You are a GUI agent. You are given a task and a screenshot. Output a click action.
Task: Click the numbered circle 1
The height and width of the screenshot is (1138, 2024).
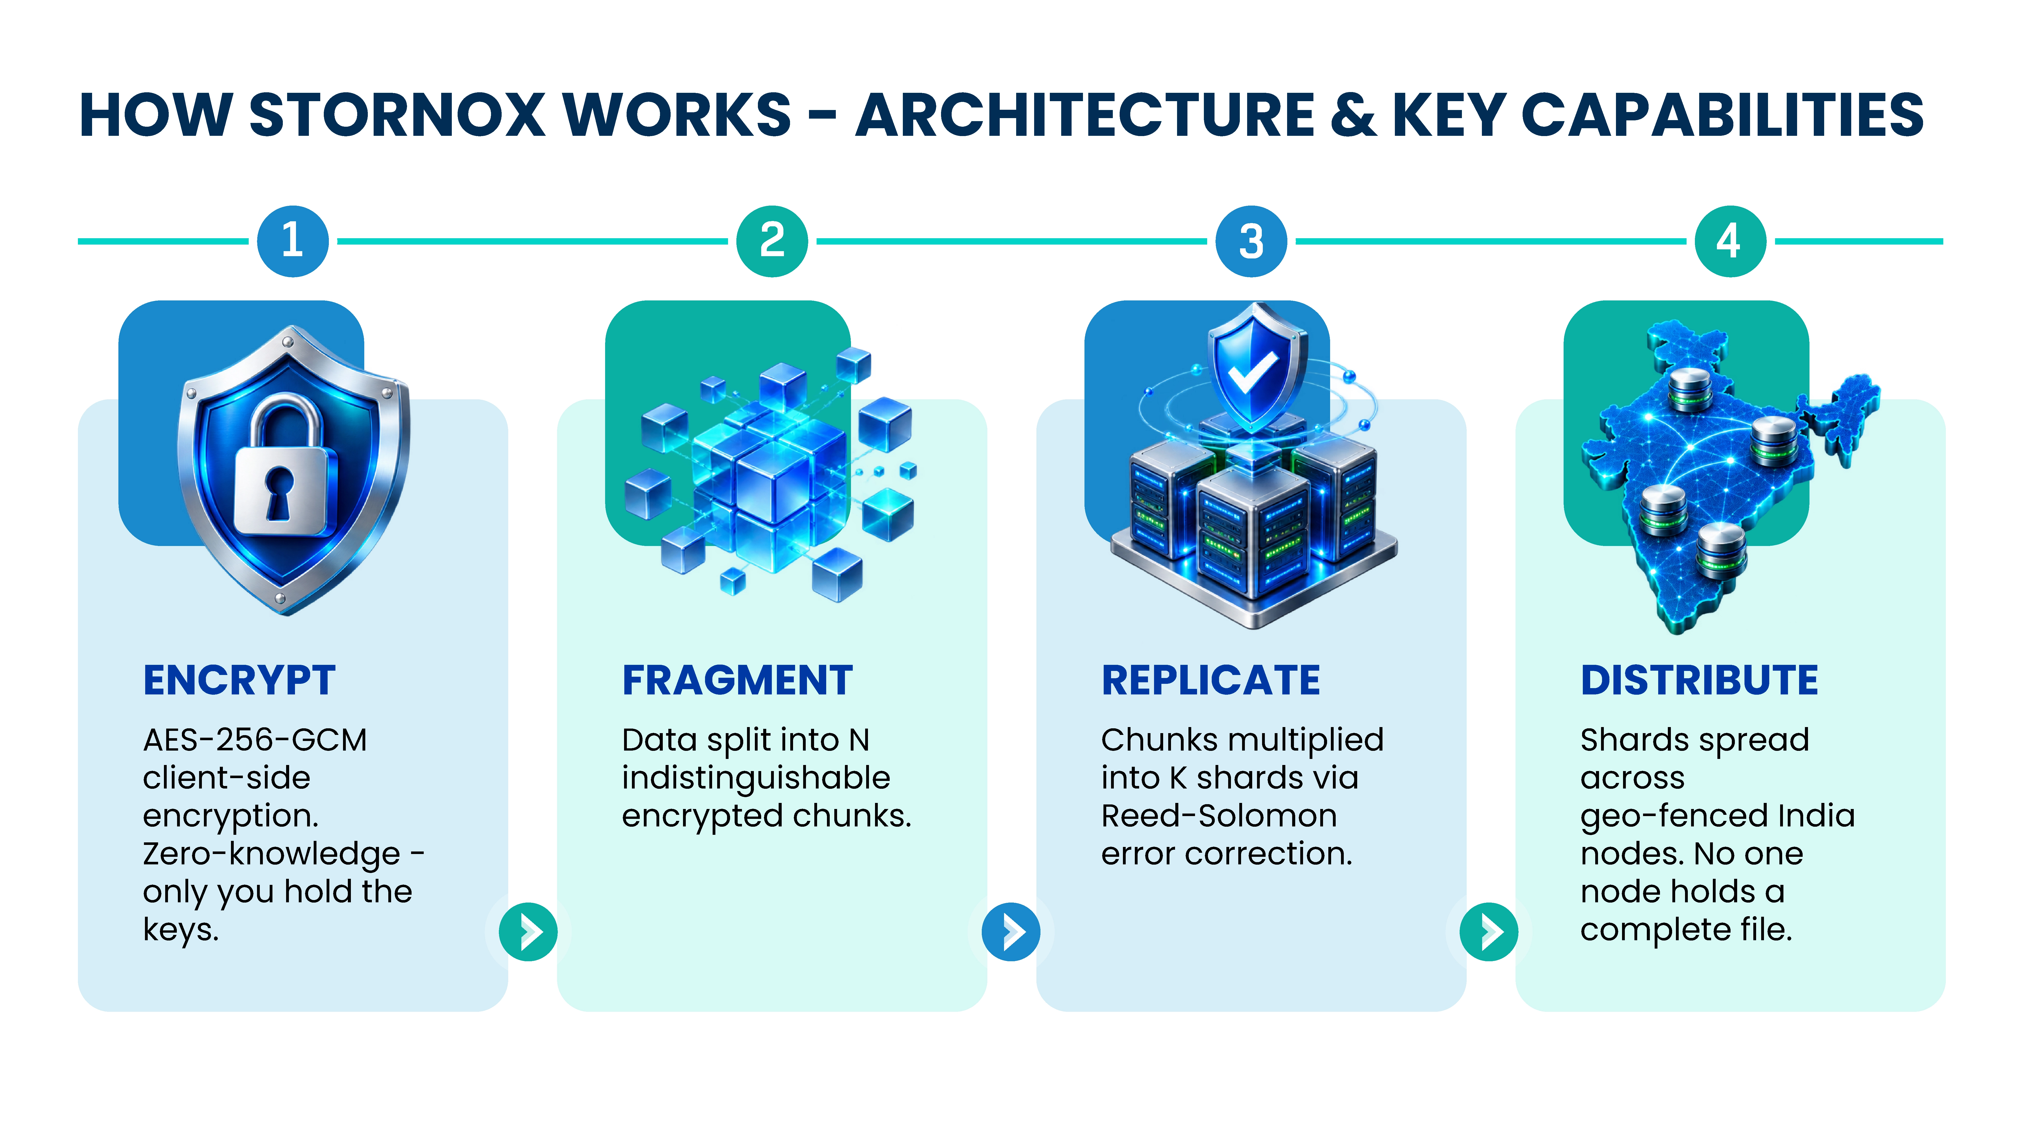292,241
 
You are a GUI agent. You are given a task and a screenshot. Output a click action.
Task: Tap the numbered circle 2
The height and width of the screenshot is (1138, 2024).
772,241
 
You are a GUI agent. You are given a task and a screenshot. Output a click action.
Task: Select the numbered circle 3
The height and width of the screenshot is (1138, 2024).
1251,241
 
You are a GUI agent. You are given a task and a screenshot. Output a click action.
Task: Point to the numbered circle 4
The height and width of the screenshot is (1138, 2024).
1730,241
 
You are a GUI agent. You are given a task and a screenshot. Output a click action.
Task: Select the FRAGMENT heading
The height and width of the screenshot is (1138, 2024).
737,680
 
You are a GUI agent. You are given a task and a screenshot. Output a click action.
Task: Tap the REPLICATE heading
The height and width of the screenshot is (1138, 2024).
1211,680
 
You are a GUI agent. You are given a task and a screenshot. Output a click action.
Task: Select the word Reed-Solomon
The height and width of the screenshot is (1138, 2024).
1219,816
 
